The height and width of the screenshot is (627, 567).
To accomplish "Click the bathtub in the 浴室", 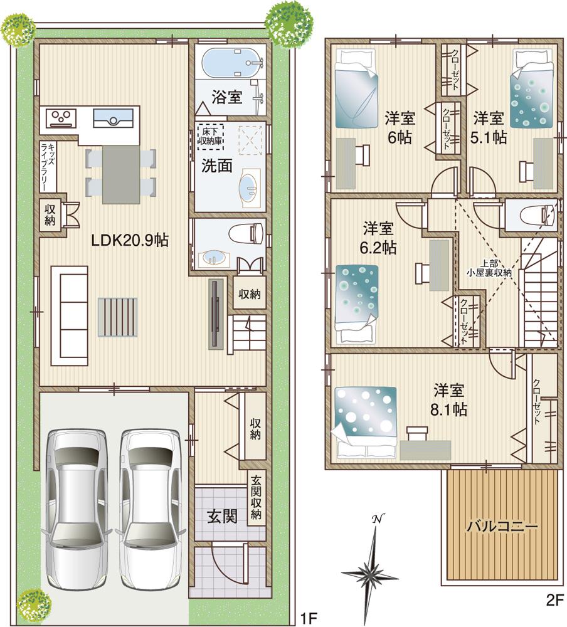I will click(x=230, y=63).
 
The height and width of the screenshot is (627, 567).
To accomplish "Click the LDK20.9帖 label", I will click(x=130, y=240).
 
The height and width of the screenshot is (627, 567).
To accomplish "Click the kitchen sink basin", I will click(x=113, y=117).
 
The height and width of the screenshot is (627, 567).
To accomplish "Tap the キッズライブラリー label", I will click(x=48, y=166).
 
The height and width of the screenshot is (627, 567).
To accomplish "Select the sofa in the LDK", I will click(x=69, y=315).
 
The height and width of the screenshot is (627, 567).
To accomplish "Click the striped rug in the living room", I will click(x=117, y=317).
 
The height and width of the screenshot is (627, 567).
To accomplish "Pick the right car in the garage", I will click(x=150, y=508).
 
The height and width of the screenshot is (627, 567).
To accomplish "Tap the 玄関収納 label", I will click(x=257, y=498).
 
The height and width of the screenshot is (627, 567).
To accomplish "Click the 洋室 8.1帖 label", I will click(x=449, y=399).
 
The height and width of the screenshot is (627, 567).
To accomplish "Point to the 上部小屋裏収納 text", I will click(x=489, y=268).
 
